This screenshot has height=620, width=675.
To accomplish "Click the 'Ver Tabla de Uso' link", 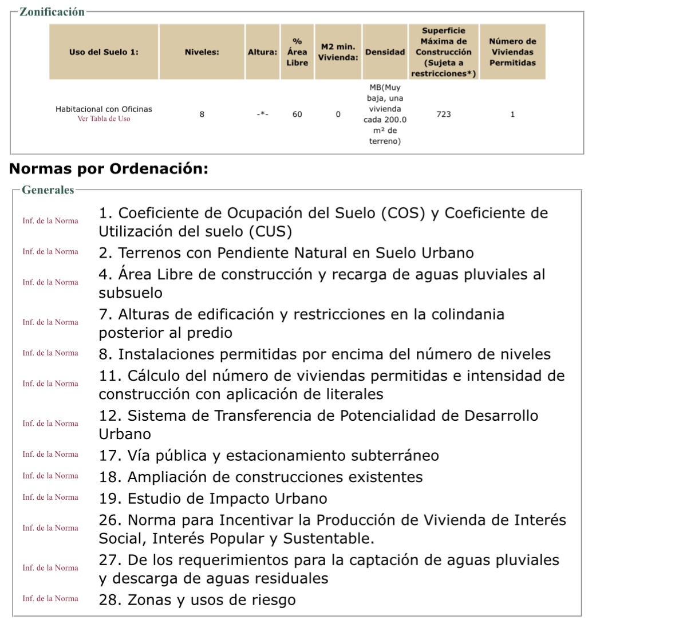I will [x=104, y=119].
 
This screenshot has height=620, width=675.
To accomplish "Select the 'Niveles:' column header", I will [x=202, y=52].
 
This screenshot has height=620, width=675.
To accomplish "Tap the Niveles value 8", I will [x=202, y=114].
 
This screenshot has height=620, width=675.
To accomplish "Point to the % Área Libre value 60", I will [x=297, y=114].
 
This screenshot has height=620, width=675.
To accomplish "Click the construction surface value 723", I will [x=443, y=114].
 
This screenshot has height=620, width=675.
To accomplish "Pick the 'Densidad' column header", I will [x=385, y=52].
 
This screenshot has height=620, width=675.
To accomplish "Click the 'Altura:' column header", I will [x=262, y=52].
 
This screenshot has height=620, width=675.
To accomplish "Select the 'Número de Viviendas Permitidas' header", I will [x=512, y=52].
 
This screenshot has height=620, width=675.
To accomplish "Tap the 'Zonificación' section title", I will [x=52, y=12].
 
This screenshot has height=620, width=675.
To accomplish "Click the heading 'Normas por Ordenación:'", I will [x=109, y=169].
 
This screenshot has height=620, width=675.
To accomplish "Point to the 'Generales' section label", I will [x=48, y=190].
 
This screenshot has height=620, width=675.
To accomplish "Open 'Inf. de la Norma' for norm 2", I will [x=50, y=251].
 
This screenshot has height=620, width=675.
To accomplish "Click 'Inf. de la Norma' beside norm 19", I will [x=50, y=497].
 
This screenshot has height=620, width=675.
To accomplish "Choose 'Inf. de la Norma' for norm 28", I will [x=50, y=598].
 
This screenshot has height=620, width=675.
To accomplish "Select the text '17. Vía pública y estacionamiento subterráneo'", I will [x=269, y=456].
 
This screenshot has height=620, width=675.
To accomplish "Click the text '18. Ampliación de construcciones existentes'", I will [x=260, y=477].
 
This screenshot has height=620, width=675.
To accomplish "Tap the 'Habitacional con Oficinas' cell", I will [x=104, y=109].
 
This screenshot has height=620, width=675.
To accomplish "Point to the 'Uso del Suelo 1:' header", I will [x=104, y=52].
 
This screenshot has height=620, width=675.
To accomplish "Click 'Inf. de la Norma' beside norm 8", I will [x=50, y=353].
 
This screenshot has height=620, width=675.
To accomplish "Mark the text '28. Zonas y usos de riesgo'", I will [x=197, y=600].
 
